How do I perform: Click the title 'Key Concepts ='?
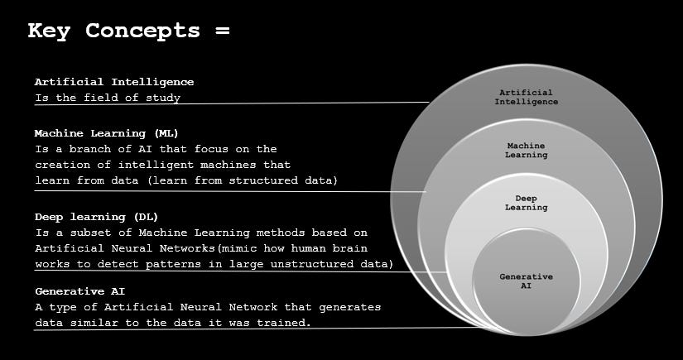pos(128,31)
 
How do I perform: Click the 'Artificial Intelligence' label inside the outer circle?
pos(526,97)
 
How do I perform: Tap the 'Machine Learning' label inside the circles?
pos(527,150)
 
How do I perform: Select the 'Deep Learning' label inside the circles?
pos(527,203)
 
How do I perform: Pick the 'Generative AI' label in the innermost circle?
pos(526,281)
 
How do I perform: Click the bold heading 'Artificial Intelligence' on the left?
pos(114,82)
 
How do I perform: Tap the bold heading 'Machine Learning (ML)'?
pos(106,132)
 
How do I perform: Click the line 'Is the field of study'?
pos(108,98)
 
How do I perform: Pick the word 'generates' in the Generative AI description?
pos(351,307)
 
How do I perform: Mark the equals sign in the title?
pos(221,31)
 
